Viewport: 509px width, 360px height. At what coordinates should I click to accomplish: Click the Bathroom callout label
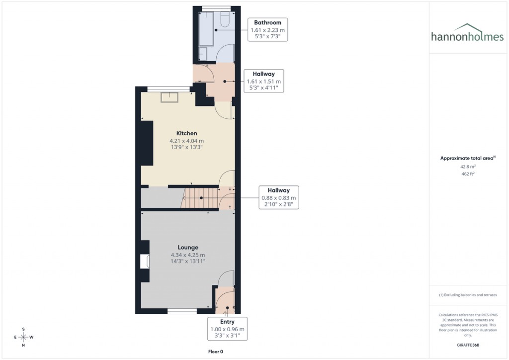(x=267, y=30)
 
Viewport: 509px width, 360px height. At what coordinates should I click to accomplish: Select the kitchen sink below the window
(x=170, y=97)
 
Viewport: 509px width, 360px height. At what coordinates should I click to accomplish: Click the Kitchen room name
(x=187, y=133)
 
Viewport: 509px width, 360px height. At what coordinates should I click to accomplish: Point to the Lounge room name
(x=188, y=247)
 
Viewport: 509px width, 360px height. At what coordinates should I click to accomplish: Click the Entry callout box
(x=227, y=329)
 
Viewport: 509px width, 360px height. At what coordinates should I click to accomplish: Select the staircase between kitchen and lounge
(x=200, y=198)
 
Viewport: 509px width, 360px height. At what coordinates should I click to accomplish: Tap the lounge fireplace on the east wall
(x=145, y=261)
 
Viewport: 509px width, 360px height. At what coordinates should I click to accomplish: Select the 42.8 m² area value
(x=468, y=167)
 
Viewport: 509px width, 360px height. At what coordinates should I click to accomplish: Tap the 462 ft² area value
(x=468, y=174)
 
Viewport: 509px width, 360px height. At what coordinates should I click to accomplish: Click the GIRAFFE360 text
(x=468, y=345)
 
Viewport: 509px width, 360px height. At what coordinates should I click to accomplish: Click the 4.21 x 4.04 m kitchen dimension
(x=187, y=141)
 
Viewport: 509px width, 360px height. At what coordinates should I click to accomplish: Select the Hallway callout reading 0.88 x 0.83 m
(x=278, y=197)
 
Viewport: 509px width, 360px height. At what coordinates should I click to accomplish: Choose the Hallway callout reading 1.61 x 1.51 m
(x=264, y=81)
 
